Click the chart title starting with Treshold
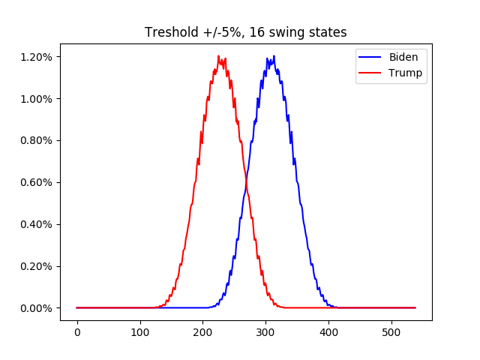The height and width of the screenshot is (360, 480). point(245,33)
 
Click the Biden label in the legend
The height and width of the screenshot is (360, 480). point(403,56)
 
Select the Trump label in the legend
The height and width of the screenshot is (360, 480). point(405,73)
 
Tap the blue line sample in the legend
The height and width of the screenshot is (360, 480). point(372,57)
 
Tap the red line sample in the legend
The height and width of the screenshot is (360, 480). point(372,73)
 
